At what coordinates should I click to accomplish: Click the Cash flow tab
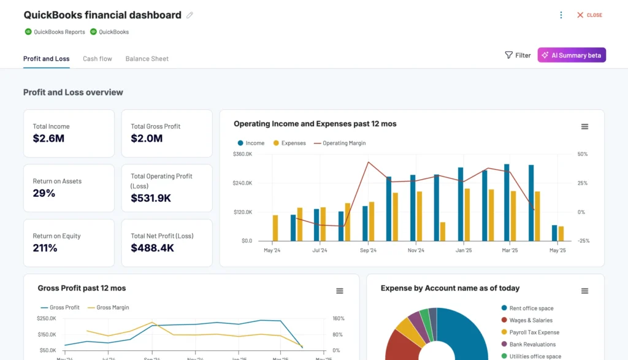(x=98, y=59)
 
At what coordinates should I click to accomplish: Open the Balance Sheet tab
(x=147, y=59)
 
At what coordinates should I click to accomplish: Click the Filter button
(x=518, y=55)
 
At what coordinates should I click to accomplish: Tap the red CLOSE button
(x=589, y=15)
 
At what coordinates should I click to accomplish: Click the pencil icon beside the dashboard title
(x=190, y=15)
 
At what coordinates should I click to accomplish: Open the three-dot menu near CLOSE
(x=561, y=15)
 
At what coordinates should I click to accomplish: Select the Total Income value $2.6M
(x=48, y=139)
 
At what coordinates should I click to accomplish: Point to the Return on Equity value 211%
(x=45, y=248)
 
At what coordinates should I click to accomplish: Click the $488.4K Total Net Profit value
(x=152, y=248)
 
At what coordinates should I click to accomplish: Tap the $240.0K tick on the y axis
(x=242, y=183)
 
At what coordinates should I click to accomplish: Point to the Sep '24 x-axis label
(x=368, y=250)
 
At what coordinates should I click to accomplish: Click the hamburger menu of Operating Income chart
(x=584, y=126)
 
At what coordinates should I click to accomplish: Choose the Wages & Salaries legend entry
(x=530, y=320)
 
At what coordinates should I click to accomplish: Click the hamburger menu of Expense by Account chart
(x=584, y=291)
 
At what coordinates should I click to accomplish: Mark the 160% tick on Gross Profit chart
(x=339, y=318)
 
